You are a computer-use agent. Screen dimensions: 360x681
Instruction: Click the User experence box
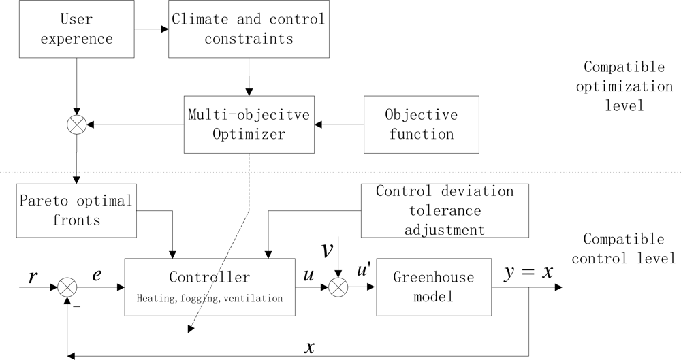[76, 29]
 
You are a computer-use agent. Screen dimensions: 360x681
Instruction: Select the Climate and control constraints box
[248, 29]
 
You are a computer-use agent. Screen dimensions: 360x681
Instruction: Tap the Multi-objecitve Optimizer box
[249, 124]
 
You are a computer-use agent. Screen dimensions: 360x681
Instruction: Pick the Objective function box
[421, 124]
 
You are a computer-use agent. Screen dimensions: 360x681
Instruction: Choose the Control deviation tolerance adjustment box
[445, 210]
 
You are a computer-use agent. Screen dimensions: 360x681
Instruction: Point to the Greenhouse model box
[433, 287]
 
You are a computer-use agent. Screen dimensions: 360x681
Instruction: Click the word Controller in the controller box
[210, 278]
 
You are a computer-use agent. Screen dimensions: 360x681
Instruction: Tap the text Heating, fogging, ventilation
[210, 298]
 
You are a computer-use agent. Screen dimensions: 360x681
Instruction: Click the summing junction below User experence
[77, 125]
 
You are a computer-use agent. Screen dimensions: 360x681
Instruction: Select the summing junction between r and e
[67, 287]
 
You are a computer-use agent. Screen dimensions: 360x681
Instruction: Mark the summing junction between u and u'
[338, 287]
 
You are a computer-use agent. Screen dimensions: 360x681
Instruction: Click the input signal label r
[33, 276]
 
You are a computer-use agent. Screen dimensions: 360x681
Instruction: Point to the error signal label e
[97, 275]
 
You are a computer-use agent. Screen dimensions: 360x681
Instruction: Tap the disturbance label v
[328, 250]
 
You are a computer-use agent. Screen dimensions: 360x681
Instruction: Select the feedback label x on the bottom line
[310, 347]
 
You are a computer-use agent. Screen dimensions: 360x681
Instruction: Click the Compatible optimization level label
[624, 86]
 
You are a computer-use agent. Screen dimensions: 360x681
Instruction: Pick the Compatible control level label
[624, 248]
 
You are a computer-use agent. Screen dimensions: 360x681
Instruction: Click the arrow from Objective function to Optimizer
[339, 125]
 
